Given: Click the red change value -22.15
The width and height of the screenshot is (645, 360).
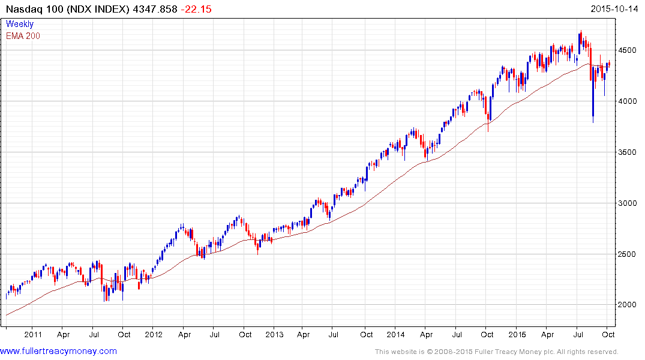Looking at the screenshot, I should [198, 9].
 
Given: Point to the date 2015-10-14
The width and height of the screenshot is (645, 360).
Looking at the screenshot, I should [616, 9].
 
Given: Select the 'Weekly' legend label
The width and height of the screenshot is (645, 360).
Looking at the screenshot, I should [20, 25].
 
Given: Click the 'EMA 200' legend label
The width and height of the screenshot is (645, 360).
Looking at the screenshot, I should [23, 36].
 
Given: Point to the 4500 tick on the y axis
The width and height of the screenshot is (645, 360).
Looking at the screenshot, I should [629, 50].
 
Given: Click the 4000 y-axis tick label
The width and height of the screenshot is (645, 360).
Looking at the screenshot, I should [629, 101].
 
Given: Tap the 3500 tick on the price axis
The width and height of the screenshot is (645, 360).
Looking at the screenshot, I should [629, 152].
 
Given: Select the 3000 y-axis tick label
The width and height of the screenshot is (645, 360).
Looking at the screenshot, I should [629, 203].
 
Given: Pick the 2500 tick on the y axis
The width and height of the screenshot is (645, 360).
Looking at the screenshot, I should [629, 254].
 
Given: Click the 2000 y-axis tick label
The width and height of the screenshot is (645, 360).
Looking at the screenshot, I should [629, 305].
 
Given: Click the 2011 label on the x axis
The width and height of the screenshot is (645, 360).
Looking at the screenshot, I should [32, 334].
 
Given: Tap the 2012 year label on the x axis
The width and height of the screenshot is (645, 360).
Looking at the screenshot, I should [154, 334].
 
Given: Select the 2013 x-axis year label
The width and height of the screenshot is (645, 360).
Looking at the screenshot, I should [274, 334].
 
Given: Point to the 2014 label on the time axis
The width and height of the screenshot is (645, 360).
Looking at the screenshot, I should [395, 334].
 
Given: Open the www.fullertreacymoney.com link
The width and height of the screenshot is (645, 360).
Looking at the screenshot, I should [58, 351].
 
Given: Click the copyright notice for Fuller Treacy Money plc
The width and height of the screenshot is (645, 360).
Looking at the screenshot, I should [496, 352].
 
